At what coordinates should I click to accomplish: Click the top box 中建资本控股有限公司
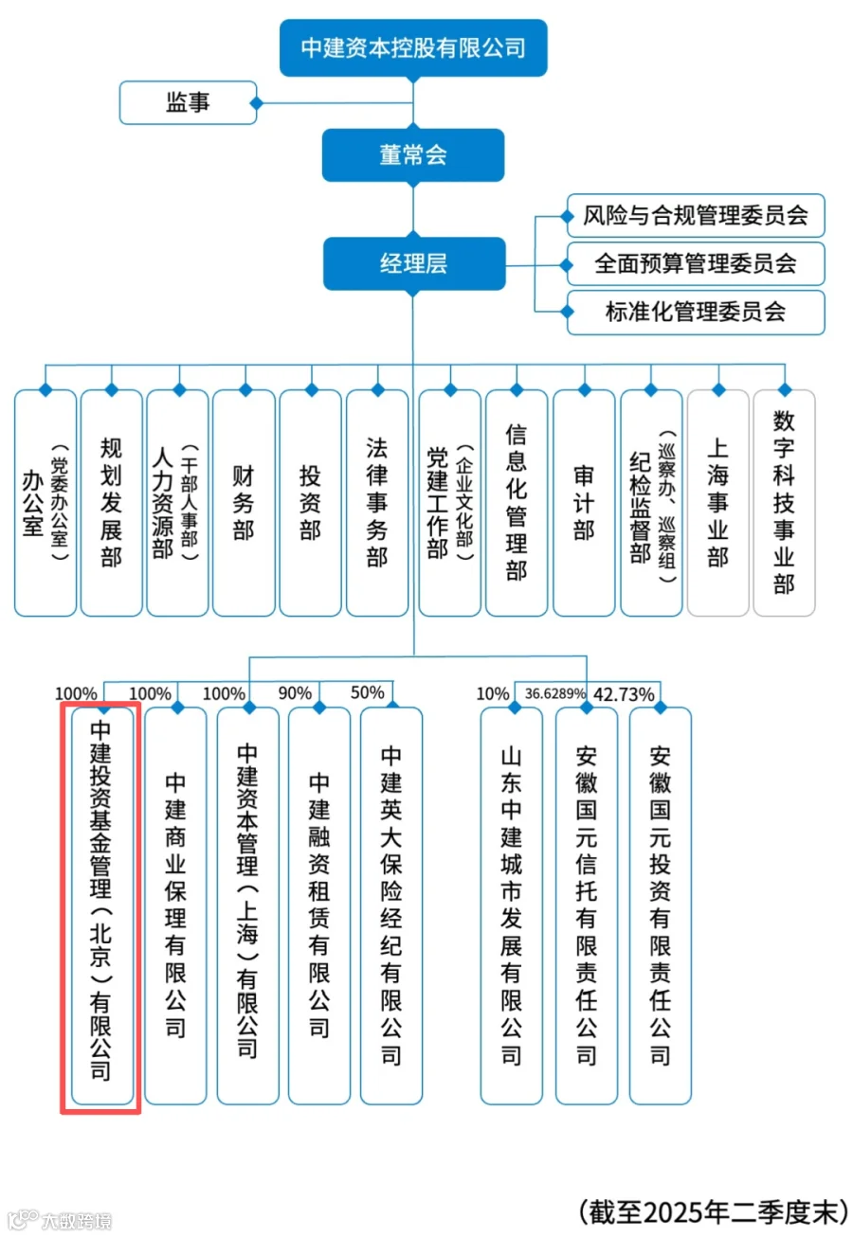click(x=413, y=47)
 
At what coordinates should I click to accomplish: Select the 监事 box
click(x=188, y=102)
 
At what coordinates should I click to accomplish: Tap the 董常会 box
click(x=413, y=155)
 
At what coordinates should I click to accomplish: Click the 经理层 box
click(x=413, y=263)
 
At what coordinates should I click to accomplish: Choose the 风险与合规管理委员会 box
click(x=696, y=216)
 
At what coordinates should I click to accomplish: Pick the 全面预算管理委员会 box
click(x=696, y=263)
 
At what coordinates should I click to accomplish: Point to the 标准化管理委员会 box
click(x=696, y=312)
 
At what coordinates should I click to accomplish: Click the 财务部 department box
click(x=244, y=502)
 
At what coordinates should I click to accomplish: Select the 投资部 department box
click(x=310, y=502)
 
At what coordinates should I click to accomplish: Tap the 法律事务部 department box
click(x=377, y=502)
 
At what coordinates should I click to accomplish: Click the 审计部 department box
click(x=584, y=502)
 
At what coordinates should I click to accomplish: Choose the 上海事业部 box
click(x=717, y=502)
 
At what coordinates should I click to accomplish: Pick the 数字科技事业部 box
click(x=784, y=502)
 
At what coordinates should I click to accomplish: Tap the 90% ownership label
click(x=295, y=693)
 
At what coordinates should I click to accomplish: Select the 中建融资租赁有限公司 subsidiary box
click(x=319, y=905)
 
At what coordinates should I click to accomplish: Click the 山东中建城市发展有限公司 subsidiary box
click(x=511, y=905)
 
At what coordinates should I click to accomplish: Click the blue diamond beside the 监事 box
click(x=254, y=102)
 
